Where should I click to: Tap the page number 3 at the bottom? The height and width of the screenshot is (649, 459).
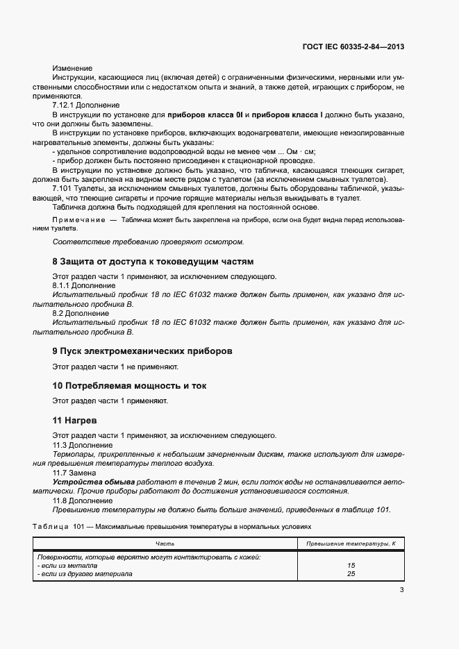pyautogui.click(x=401, y=590)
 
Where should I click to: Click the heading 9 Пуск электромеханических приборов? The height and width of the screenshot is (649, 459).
pyautogui.click(x=142, y=351)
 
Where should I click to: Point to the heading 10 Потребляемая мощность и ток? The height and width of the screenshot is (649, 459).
pyautogui.click(x=129, y=385)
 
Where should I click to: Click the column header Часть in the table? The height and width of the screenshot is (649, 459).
pyautogui.click(x=165, y=543)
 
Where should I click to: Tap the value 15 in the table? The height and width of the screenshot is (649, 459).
pyautogui.click(x=351, y=565)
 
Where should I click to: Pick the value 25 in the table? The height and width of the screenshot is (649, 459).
pyautogui.click(x=351, y=573)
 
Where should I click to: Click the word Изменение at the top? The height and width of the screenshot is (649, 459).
pyautogui.click(x=72, y=68)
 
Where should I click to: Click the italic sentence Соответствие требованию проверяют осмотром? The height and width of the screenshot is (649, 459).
pyautogui.click(x=149, y=242)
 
